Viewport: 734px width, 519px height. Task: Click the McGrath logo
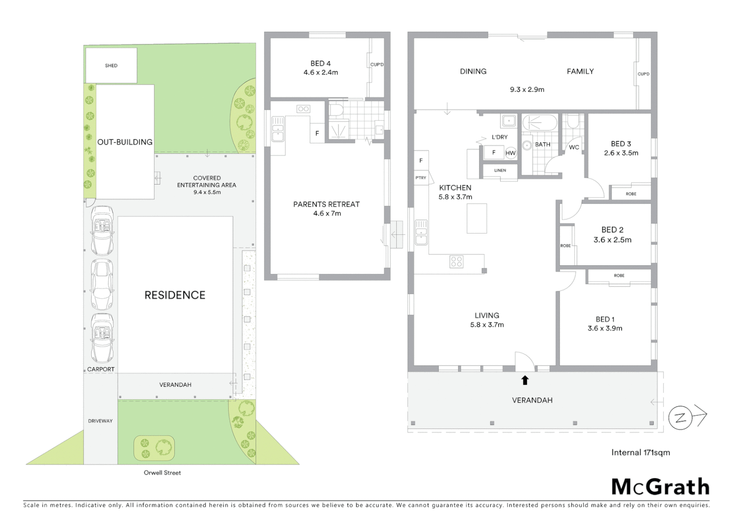(x=660, y=487)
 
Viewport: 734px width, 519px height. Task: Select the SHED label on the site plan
(x=111, y=65)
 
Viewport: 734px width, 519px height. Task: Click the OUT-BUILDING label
(x=125, y=142)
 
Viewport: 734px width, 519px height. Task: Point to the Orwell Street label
(x=162, y=473)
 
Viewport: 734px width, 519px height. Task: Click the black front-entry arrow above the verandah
(x=525, y=380)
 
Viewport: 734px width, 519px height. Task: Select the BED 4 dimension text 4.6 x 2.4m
(x=320, y=73)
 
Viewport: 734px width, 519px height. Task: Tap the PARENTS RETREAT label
(x=326, y=204)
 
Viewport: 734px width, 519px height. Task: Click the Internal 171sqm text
(x=640, y=452)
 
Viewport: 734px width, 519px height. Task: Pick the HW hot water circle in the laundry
(x=510, y=153)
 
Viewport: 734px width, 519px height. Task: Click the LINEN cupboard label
(x=500, y=170)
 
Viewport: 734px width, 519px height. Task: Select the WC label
(x=574, y=148)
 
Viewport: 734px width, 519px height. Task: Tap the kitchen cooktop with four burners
(x=456, y=262)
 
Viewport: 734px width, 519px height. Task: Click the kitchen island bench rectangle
(x=477, y=218)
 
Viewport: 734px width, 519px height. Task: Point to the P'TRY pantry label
(x=421, y=178)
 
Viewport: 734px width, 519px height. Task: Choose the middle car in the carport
(x=102, y=285)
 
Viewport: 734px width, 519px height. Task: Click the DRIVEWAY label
(x=100, y=421)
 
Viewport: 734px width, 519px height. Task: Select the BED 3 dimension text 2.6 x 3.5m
(x=621, y=153)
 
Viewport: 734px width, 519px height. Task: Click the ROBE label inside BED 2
(x=565, y=246)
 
